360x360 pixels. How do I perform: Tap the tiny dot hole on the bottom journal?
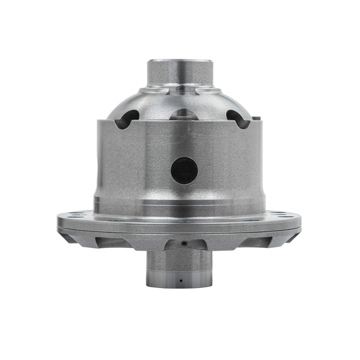[181, 281]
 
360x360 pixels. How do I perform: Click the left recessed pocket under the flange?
[111, 240]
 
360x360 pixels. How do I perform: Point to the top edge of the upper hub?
[180, 61]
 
